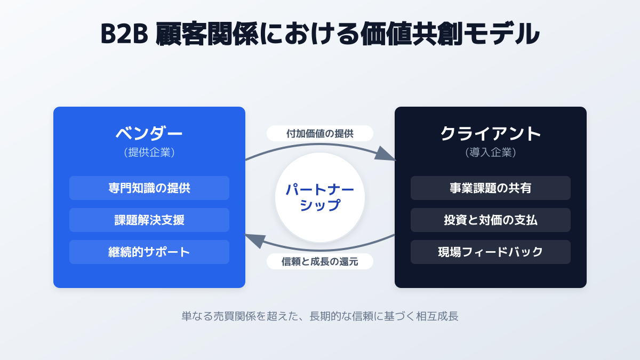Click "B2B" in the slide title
pos(124,34)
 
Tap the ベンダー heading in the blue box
pos(149,133)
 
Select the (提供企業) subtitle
pos(149,153)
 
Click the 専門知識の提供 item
pos(149,188)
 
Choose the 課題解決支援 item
pos(149,220)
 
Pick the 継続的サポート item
pos(149,252)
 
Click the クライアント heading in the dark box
pos(491,133)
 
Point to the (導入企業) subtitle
pos(491,153)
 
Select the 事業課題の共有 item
pos(491,188)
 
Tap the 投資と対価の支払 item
pos(491,220)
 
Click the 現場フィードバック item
pos(491,252)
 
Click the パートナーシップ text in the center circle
pos(320,197)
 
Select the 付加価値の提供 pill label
pos(320,133)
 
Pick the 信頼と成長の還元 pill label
pos(320,261)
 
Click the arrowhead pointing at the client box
pos(386,154)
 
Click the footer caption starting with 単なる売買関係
pos(320,316)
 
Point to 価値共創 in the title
pos(411,34)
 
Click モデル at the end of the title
pos(501,34)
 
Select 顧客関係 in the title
pos(207,34)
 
